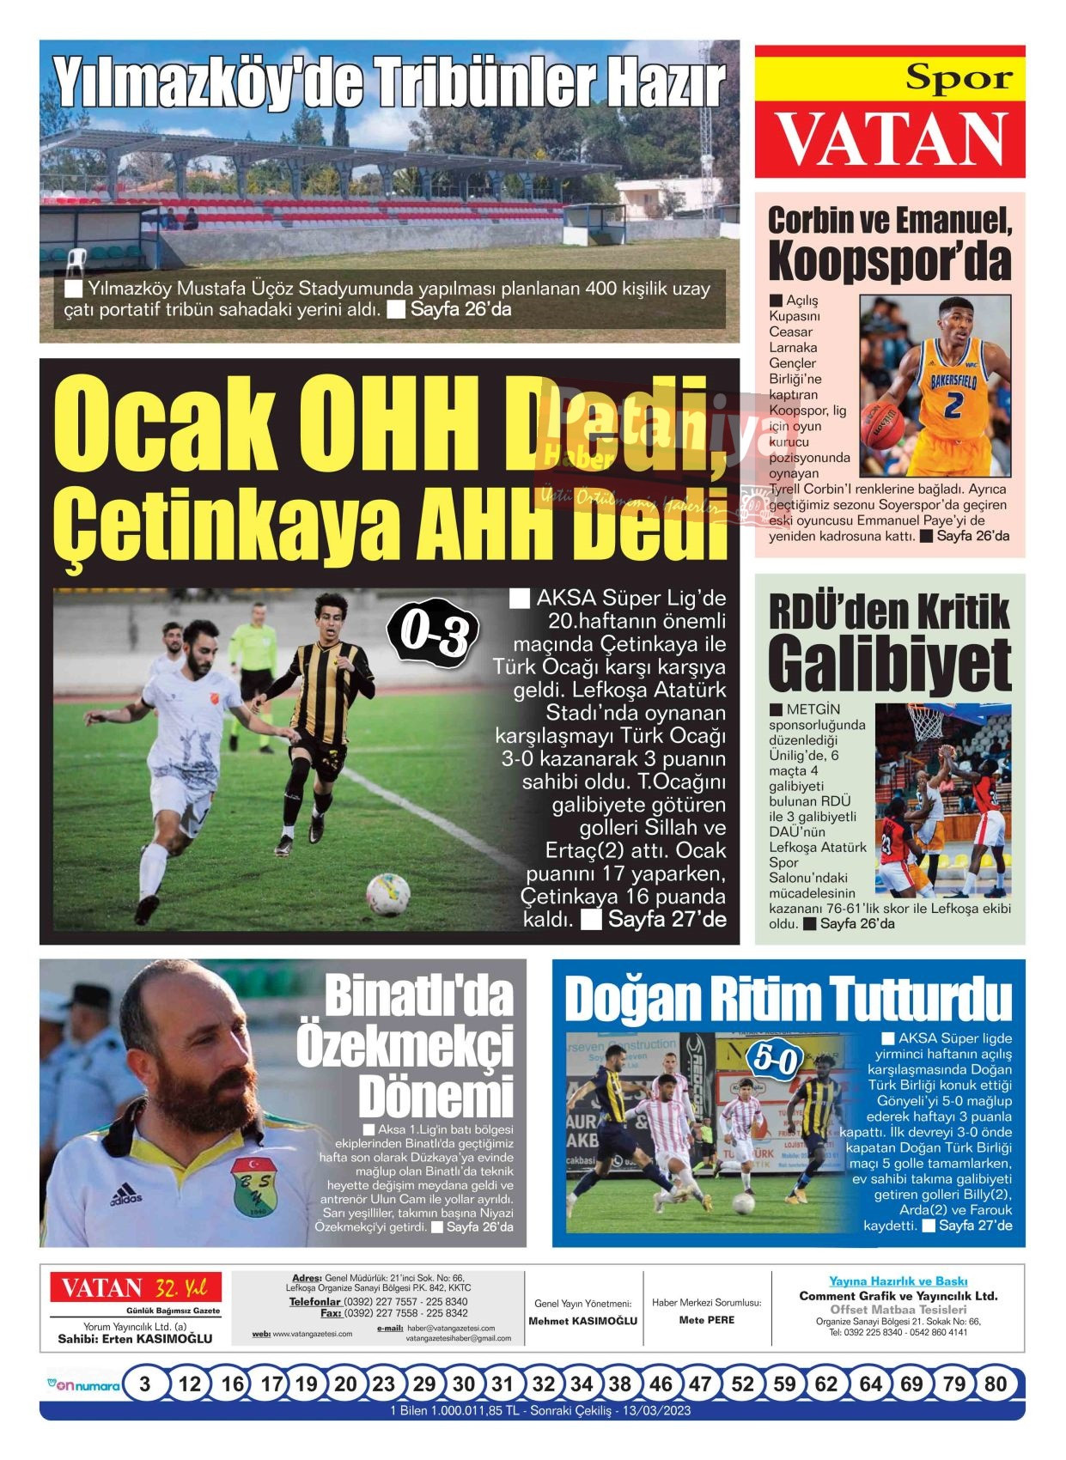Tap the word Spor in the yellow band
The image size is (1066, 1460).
click(x=959, y=79)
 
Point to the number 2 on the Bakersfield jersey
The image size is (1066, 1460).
click(x=953, y=405)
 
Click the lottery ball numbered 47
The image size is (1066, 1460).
click(x=700, y=1384)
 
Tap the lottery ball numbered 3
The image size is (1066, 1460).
click(x=144, y=1384)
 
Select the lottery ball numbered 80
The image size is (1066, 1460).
click(x=995, y=1384)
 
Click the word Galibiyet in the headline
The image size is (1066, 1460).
click(x=889, y=665)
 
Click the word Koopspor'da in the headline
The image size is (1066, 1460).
click(x=889, y=261)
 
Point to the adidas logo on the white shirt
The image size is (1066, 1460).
click(x=125, y=1194)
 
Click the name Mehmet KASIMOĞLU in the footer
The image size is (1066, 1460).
click(x=582, y=1321)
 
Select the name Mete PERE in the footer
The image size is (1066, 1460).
click(x=706, y=1320)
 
